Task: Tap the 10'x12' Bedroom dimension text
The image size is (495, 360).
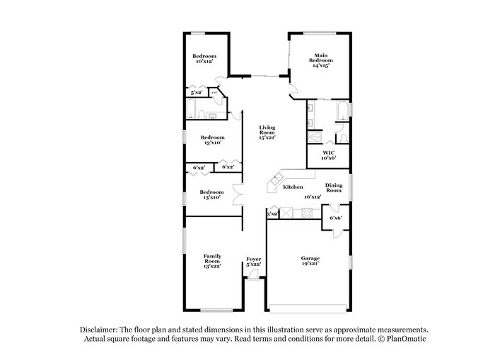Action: pos(204,62)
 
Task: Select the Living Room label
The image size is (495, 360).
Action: pos(267,130)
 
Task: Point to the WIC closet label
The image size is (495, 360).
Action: pos(328,152)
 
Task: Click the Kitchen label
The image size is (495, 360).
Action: pos(293,187)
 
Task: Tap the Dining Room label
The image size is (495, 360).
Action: pos(334,187)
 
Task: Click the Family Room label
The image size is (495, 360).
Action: pos(212,258)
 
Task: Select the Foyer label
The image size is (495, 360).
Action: pos(253,259)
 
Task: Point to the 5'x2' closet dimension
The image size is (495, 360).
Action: pos(195,92)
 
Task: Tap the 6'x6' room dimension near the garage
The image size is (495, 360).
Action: pos(335,218)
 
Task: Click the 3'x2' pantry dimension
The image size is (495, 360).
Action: pos(272,213)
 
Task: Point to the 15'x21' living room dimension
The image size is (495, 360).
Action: pos(267,137)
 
